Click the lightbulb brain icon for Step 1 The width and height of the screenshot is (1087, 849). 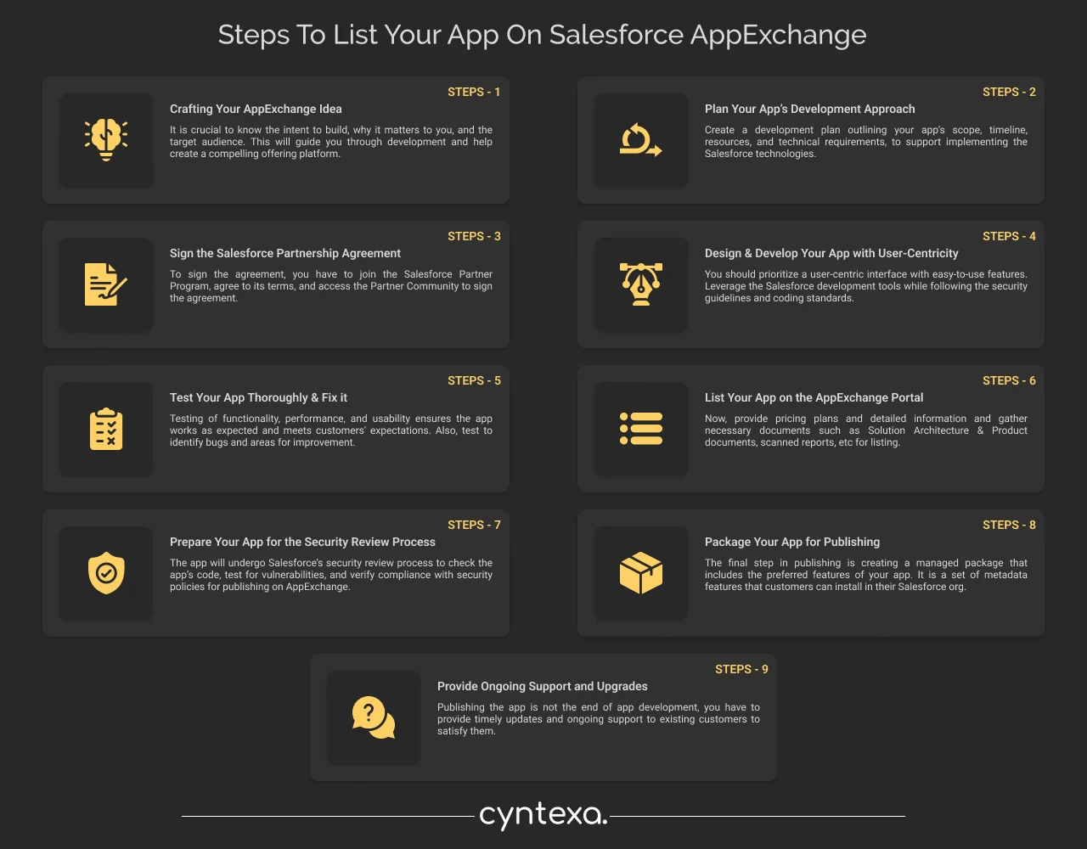point(106,140)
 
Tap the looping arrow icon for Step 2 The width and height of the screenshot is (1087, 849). point(640,140)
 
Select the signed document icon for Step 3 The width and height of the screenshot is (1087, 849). point(106,284)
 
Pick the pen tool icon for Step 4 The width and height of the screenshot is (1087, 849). point(640,284)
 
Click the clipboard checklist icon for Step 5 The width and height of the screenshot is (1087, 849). point(106,429)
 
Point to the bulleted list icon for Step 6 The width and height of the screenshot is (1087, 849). point(640,429)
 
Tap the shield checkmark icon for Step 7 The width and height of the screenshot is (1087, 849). point(106,573)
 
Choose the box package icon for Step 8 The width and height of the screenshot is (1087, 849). point(640,573)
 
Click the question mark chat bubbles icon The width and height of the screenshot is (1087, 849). point(374,717)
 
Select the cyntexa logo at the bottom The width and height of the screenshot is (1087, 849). point(543,815)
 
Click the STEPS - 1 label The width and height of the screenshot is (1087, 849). point(474,92)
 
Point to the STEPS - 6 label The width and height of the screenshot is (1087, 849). point(1009,380)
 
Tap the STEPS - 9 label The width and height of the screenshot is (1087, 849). point(741,669)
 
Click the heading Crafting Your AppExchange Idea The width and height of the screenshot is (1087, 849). point(256,109)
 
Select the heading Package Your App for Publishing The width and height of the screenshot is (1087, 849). point(792,542)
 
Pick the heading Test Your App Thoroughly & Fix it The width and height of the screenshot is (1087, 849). point(258,397)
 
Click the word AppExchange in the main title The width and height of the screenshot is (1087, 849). point(778,36)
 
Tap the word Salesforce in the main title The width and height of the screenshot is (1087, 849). point(616,36)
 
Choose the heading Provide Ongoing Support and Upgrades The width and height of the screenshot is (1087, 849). point(543,686)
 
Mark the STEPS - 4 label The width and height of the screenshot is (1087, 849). point(1009,236)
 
